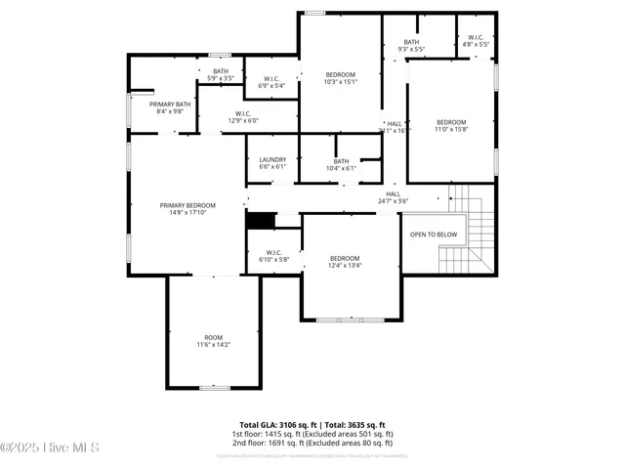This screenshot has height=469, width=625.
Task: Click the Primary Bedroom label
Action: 187,208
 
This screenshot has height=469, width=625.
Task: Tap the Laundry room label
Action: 272,163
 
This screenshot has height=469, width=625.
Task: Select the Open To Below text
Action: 433,234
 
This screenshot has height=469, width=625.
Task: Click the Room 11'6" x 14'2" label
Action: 213,340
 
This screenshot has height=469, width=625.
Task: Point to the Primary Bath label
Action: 164,107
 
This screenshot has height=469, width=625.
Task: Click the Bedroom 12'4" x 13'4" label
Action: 345,261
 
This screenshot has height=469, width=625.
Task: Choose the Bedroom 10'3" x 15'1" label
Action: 341,78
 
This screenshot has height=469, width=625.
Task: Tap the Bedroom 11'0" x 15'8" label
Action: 451,126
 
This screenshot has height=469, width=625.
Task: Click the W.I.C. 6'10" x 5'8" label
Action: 273,256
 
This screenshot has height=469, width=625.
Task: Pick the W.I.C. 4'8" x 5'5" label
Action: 476,42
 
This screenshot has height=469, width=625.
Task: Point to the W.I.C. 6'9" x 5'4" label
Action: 271,82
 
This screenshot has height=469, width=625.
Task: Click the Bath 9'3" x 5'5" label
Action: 411,46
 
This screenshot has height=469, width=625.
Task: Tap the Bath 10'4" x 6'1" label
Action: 341,165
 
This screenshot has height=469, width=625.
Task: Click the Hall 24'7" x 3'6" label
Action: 393,197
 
